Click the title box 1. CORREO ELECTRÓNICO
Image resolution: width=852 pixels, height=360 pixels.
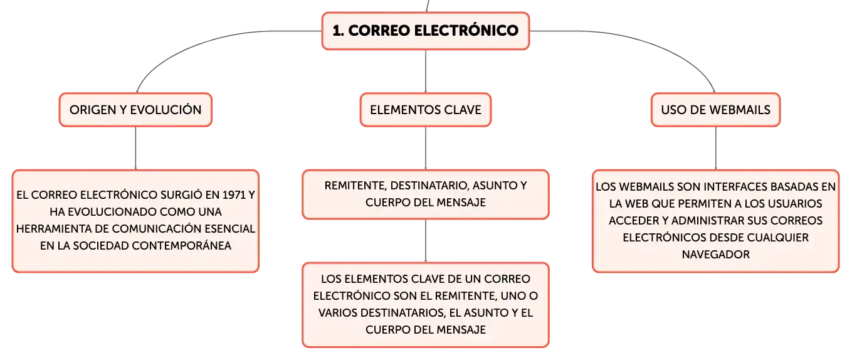[426, 29]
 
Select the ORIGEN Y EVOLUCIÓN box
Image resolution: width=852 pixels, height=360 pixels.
[135, 110]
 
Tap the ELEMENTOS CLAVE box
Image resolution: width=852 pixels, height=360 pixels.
[426, 110]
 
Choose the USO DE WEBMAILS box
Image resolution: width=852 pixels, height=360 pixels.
[715, 110]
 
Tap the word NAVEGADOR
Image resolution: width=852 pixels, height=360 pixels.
[715, 255]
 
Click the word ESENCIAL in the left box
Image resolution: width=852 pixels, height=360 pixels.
[227, 229]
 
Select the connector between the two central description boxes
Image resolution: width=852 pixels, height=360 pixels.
[426, 241]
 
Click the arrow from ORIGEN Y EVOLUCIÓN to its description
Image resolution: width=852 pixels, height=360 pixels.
[135, 149]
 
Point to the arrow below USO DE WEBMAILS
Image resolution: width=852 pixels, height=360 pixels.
[715, 149]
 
